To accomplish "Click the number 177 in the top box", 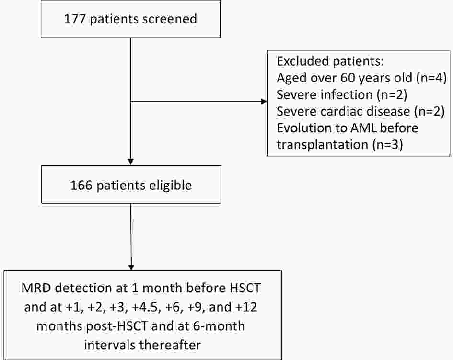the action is click(x=74, y=19).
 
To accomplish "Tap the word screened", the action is click(x=169, y=19).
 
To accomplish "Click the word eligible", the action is click(x=170, y=185).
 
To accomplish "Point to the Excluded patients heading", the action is click(x=330, y=61).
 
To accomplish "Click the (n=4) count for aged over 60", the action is click(x=431, y=78).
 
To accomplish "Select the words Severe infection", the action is click(x=325, y=95).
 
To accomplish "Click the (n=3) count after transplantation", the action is click(x=387, y=144).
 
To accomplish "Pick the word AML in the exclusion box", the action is click(x=363, y=128).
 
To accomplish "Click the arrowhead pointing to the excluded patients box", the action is click(x=264, y=102).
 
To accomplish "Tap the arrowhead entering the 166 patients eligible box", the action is click(x=131, y=162).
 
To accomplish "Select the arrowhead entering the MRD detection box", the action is click(x=131, y=267).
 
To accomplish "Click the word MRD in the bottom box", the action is click(x=36, y=289).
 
